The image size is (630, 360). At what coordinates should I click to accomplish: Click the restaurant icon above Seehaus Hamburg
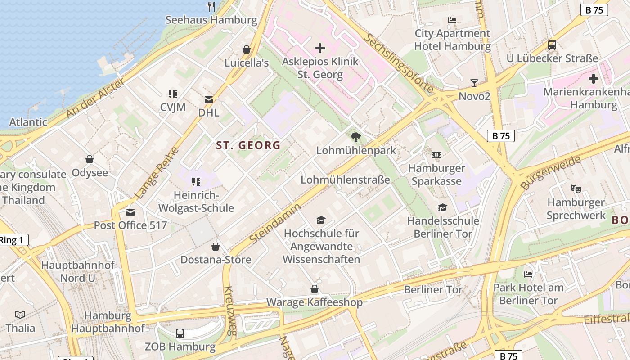coord(211,6)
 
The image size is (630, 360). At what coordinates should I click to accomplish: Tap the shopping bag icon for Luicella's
coord(246,49)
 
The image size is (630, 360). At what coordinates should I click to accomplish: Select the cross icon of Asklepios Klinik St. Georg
coord(320,48)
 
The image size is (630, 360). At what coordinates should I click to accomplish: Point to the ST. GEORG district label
coord(248,145)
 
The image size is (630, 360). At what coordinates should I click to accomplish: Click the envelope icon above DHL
coord(209,99)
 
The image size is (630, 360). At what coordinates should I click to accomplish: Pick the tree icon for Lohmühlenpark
coord(355,137)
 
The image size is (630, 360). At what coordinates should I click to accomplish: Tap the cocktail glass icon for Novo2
coord(474,83)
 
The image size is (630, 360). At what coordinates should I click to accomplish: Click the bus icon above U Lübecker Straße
coord(552,45)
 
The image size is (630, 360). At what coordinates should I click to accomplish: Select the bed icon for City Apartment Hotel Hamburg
coord(452,20)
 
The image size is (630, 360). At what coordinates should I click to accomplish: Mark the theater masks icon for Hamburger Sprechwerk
coord(576,189)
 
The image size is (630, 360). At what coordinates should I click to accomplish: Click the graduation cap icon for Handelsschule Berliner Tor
coord(443,207)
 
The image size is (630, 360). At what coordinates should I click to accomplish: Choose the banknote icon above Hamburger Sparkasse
coord(436,155)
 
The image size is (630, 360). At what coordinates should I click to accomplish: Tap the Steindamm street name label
coord(275,224)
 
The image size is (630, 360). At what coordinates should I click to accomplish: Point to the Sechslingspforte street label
coord(399,63)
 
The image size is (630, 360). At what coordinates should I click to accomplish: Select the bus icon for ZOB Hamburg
coord(180,333)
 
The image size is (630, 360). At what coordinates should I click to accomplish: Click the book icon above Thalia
coord(20,315)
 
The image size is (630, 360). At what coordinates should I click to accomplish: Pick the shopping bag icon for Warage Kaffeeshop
coord(315,289)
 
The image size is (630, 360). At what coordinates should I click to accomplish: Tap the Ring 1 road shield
coord(13,240)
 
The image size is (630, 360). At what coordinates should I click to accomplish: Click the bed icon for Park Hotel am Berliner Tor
coord(528,274)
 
